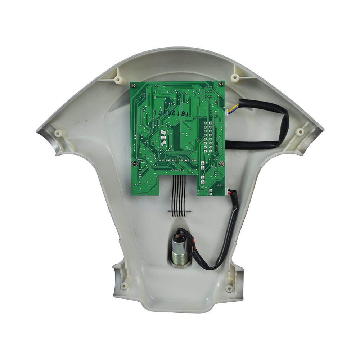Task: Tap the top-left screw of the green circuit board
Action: pyautogui.click(x=134, y=85)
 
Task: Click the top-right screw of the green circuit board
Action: pyautogui.click(x=220, y=84)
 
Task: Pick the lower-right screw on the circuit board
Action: pyautogui.click(x=221, y=164)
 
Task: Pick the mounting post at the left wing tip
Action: pyautogui.click(x=58, y=133)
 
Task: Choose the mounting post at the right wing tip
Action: pyautogui.click(x=300, y=132)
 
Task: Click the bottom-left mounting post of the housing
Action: pyautogui.click(x=125, y=286)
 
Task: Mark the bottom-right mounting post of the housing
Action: pyautogui.click(x=229, y=288)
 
